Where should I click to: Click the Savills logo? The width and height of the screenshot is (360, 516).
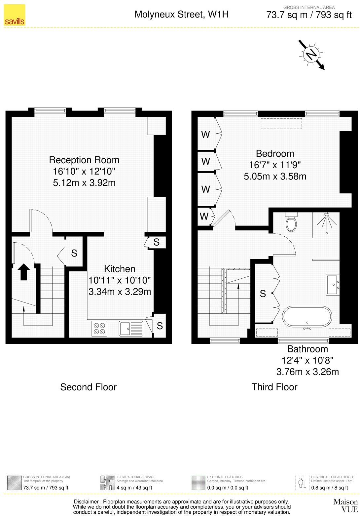15,15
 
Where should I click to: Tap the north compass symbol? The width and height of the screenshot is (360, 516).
311,55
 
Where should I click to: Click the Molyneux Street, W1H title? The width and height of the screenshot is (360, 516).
181,14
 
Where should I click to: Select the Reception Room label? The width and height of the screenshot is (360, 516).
84,160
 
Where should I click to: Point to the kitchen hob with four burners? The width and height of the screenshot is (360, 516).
99,328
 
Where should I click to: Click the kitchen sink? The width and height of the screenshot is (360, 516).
131,328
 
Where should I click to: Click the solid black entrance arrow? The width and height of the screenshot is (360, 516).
23,272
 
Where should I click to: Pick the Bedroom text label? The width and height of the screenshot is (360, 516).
275,154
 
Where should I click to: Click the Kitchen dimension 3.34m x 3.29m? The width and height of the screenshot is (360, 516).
120,292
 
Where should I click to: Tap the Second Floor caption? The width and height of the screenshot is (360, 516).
88,387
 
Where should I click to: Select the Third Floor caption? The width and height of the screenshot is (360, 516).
274,387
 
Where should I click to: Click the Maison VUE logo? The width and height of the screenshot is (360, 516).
345,505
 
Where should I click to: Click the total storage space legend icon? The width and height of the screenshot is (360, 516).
107,483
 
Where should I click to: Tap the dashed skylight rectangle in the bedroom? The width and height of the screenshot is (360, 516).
281,124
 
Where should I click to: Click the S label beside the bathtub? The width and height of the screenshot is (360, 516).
263,294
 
